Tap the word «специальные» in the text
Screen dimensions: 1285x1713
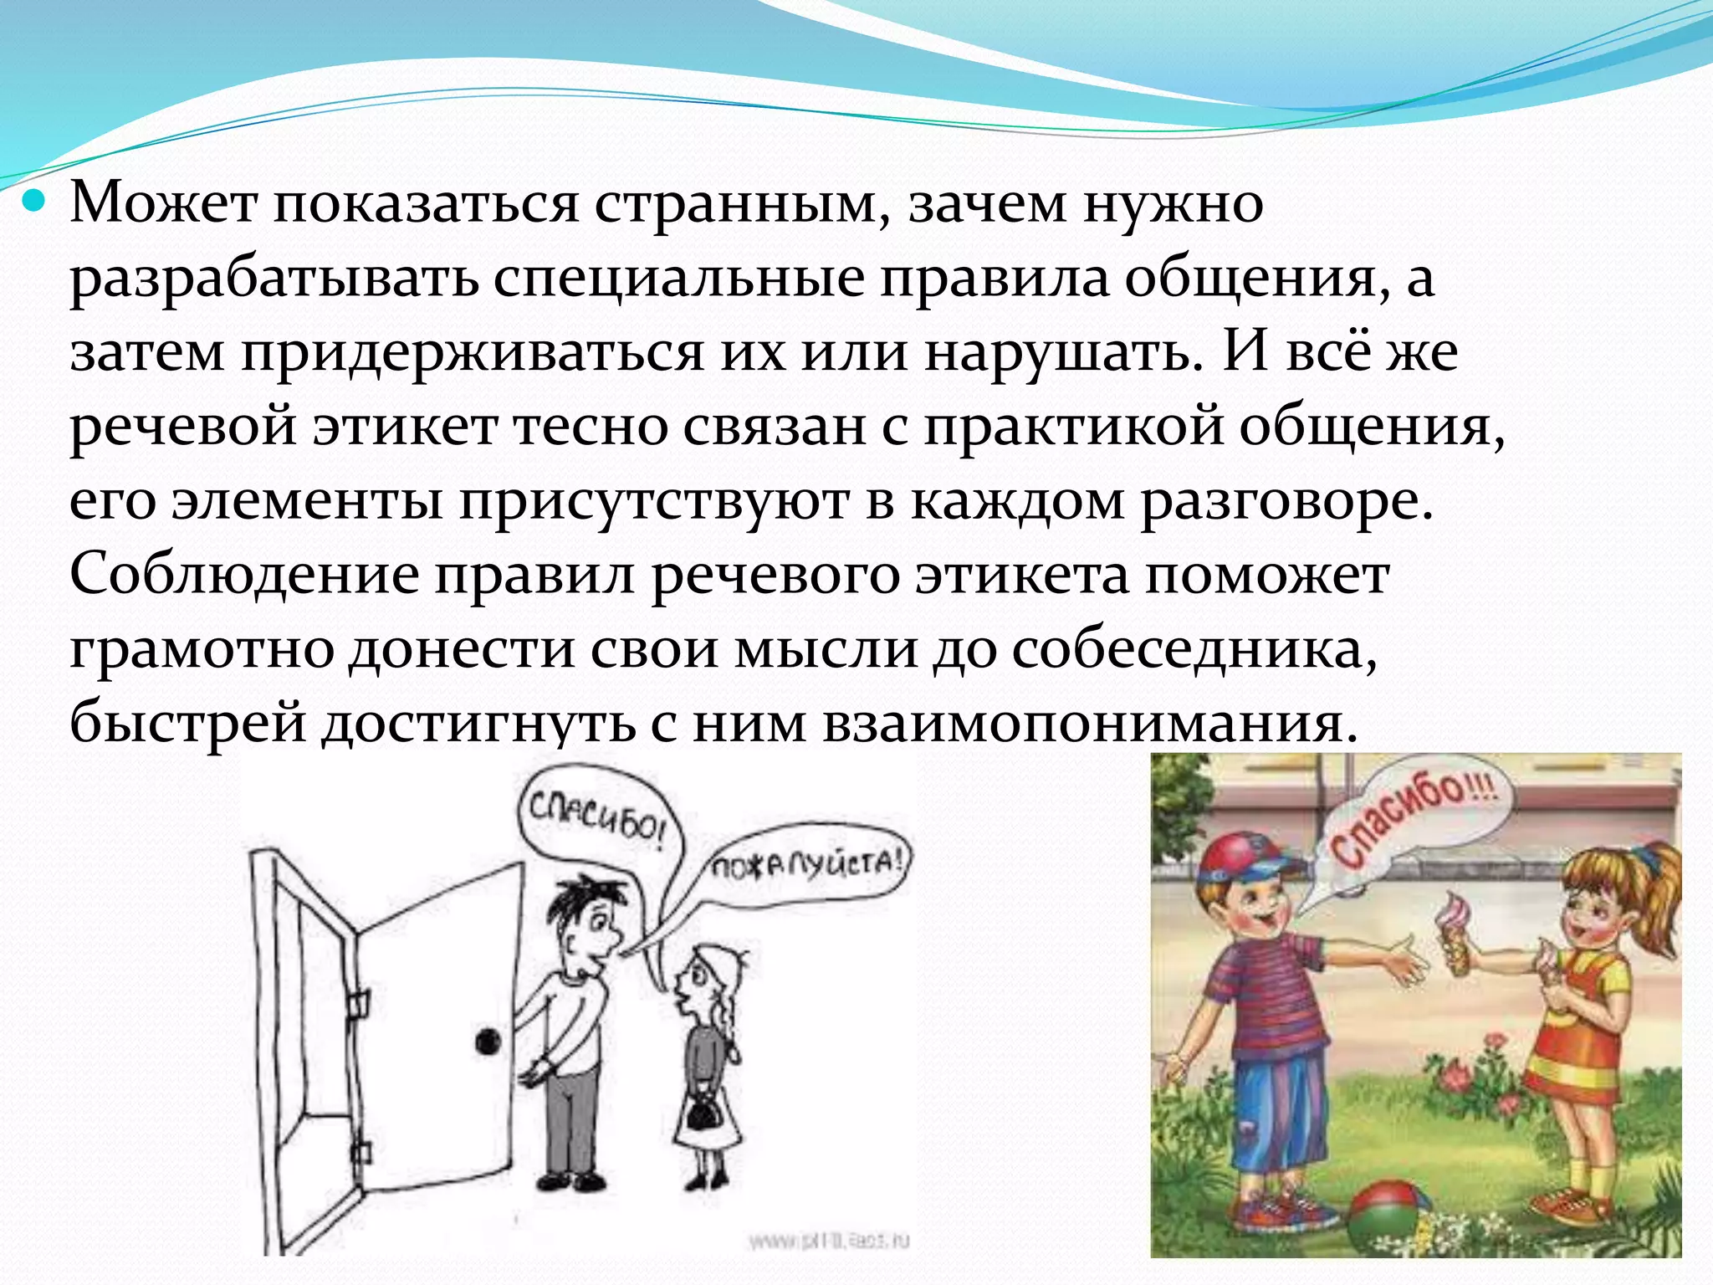(x=678, y=278)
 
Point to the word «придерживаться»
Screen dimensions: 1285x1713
(x=473, y=352)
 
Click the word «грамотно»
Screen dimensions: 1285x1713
(x=202, y=650)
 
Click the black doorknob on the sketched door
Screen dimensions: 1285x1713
(x=487, y=1042)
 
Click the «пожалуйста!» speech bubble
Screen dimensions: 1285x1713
(x=808, y=864)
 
